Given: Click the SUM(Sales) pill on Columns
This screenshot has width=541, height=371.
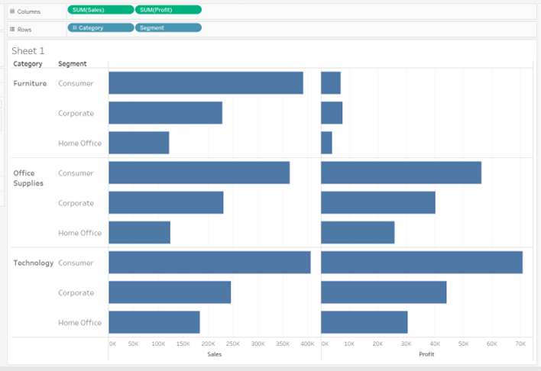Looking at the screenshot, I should [100, 10].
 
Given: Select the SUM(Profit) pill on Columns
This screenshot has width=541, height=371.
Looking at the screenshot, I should [168, 10].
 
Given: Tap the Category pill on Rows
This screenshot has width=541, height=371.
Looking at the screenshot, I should [100, 27].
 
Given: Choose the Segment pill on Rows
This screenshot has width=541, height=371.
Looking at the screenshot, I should [168, 27].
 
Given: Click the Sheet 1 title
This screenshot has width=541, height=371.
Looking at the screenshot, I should [28, 50].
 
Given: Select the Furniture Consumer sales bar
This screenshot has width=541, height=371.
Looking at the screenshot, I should [206, 83].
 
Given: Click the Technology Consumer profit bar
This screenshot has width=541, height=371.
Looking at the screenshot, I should [422, 263].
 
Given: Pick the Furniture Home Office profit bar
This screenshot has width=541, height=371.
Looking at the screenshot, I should [326, 143].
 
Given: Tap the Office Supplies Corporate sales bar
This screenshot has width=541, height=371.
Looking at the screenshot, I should [166, 203].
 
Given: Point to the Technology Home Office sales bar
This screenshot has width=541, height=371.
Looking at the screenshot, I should [154, 322].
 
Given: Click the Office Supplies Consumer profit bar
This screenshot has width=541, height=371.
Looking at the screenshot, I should [401, 173].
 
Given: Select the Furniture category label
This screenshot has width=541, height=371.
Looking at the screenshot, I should [30, 83].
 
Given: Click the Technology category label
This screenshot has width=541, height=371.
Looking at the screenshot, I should [34, 263].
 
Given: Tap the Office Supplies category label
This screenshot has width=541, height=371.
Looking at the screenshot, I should [28, 178].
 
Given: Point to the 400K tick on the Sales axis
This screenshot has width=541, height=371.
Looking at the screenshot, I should [307, 344].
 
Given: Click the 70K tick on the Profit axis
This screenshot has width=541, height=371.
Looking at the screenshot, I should [520, 344].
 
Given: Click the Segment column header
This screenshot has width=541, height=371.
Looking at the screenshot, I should [72, 64].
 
